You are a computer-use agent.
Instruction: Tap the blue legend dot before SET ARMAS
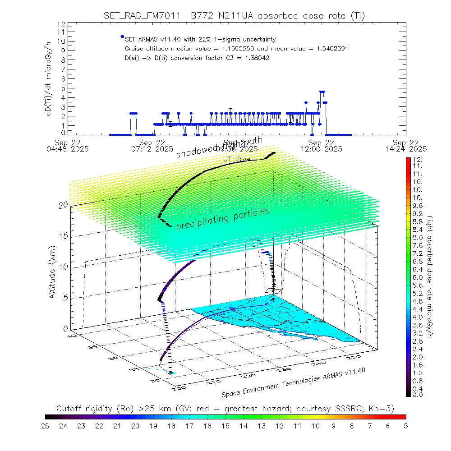click(x=122, y=37)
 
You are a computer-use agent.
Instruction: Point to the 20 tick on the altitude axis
click(x=63, y=205)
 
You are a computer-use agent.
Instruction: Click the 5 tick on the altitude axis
click(x=65, y=298)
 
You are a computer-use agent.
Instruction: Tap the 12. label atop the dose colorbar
click(x=417, y=160)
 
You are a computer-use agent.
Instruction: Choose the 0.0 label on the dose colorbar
click(x=418, y=395)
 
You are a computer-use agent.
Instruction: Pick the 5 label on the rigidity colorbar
click(x=405, y=425)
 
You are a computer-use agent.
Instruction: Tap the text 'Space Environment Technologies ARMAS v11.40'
click(x=293, y=381)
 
